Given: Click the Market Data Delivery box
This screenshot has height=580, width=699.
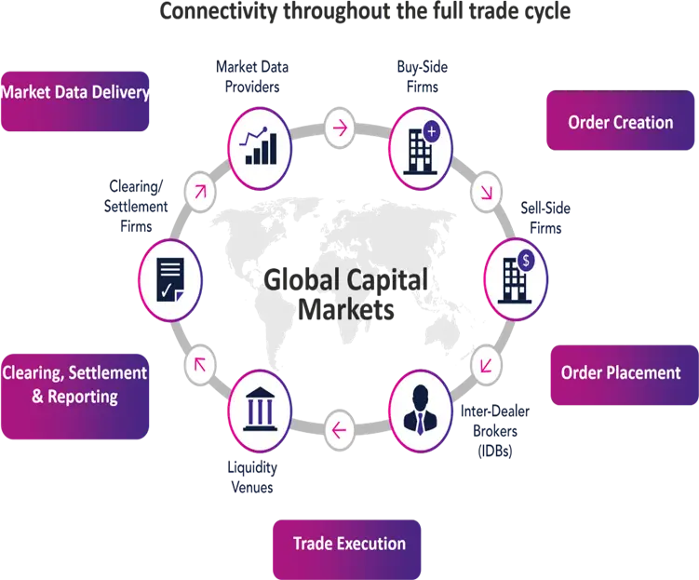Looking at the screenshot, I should click(x=76, y=93).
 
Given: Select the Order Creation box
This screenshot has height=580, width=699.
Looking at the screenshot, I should click(x=620, y=122).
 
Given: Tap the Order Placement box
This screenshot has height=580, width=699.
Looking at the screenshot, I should click(x=621, y=373).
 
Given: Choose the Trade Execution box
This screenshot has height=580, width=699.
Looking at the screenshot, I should click(x=349, y=544).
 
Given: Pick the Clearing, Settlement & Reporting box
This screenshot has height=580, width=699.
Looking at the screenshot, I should click(x=74, y=384).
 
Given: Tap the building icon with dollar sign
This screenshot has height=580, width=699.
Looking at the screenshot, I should click(x=516, y=275).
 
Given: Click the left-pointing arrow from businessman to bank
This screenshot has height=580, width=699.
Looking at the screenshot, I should click(x=339, y=429).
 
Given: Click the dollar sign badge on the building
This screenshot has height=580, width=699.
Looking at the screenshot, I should click(x=528, y=262).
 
